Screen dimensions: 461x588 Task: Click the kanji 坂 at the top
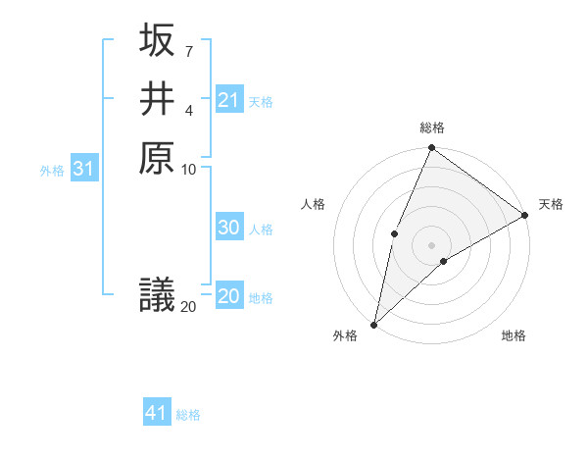click(157, 41)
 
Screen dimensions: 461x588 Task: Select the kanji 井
click(157, 98)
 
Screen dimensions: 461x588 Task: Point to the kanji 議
click(157, 294)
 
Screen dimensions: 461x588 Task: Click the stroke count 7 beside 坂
click(189, 50)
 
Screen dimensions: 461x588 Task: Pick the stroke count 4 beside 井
click(189, 109)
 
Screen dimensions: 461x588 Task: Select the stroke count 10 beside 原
click(189, 169)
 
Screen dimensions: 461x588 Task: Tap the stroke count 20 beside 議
click(188, 307)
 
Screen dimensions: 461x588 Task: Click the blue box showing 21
click(228, 100)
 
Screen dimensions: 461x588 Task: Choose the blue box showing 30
click(228, 228)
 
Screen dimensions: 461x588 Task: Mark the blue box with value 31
click(84, 169)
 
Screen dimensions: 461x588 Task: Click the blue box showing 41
click(157, 413)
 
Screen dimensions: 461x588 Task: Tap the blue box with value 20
click(228, 296)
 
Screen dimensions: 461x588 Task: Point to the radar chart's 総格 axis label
click(432, 128)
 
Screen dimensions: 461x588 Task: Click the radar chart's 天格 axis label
click(551, 204)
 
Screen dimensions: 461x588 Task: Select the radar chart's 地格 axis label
click(514, 335)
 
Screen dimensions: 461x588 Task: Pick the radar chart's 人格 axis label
click(314, 204)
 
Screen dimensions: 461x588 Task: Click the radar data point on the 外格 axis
click(373, 325)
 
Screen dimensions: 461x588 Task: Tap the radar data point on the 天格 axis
click(525, 215)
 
